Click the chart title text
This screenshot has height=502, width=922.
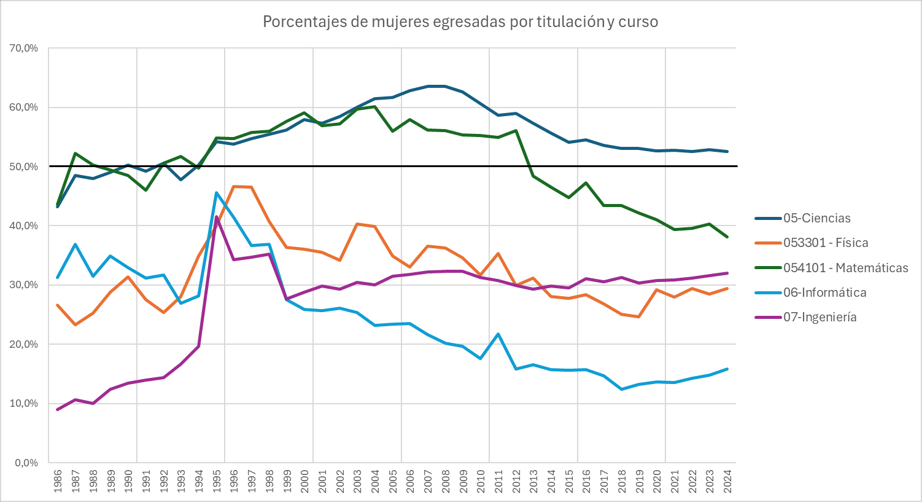point(460,22)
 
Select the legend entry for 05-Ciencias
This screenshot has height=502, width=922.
point(816,218)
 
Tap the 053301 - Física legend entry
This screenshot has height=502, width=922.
point(825,243)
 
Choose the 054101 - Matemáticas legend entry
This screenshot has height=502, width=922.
point(845,268)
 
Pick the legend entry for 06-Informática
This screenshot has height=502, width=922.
point(824,292)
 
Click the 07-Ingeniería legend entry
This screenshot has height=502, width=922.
point(819,317)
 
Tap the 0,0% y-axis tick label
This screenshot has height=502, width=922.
point(26,463)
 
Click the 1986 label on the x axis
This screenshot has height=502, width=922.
point(58,481)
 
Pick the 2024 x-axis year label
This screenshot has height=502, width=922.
point(727,481)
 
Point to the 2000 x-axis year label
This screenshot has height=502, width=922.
point(304,481)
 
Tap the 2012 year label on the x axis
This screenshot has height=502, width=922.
point(516,481)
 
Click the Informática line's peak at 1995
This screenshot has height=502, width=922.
point(217,193)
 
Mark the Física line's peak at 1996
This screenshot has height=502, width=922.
point(234,186)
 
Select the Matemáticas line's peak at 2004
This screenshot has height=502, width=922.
point(375,106)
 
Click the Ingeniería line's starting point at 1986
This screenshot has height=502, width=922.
point(58,409)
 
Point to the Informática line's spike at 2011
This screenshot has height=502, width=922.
point(498,334)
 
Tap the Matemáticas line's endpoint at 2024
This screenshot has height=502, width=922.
point(727,237)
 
